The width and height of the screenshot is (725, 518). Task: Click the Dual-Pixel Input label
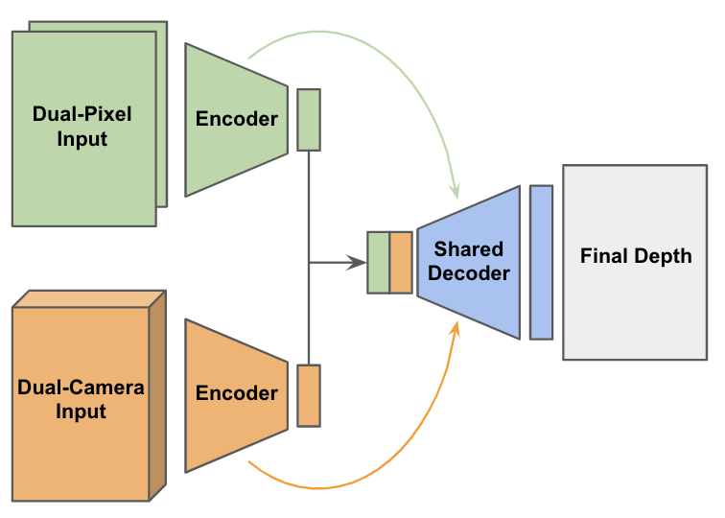coord(82,126)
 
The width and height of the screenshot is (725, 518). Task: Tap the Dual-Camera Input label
coord(82,400)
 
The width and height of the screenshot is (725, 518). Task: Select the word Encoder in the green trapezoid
coord(236,120)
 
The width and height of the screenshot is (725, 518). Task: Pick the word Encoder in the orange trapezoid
coord(236,393)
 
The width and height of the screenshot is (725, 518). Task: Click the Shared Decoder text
coord(469,261)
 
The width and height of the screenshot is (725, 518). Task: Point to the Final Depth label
coord(635,256)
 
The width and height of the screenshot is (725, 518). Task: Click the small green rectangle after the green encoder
coord(309,120)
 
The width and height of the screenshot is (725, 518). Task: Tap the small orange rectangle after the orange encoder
coord(309,395)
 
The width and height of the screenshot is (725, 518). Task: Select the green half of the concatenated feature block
coord(379,262)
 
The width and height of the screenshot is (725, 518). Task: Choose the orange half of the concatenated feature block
coord(401,262)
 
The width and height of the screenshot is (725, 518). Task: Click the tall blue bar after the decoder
coord(541,262)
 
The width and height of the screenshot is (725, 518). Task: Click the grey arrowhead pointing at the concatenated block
coord(360,262)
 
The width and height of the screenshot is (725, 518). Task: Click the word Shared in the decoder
coord(469,249)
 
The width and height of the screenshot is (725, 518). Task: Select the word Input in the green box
coord(82,138)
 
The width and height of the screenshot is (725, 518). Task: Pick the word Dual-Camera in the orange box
coord(82,388)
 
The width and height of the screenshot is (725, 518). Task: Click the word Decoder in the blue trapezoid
coord(469,273)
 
